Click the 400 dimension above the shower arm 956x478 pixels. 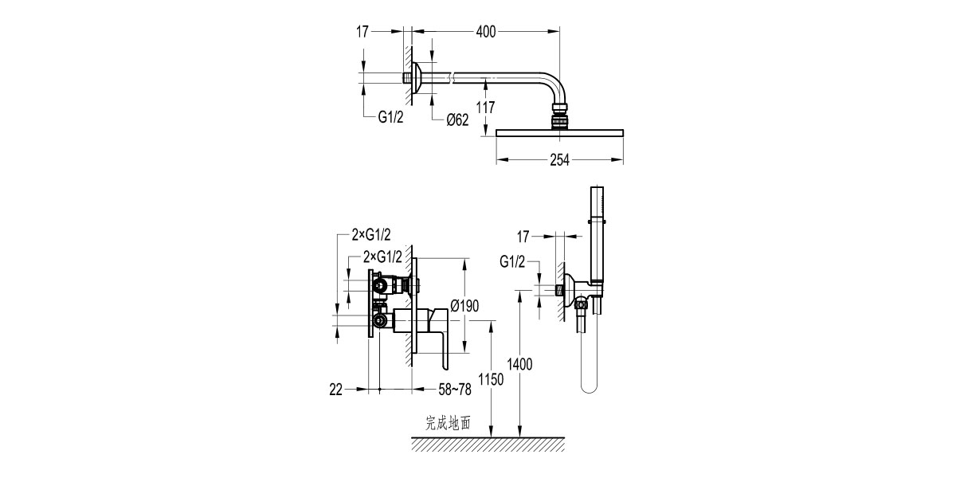(x=486, y=32)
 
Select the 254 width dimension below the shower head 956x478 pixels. (x=559, y=160)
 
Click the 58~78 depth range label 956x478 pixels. (x=455, y=390)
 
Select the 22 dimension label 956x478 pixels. (x=335, y=390)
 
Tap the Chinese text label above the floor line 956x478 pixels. (x=449, y=423)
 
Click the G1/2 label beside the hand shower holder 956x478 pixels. (x=512, y=262)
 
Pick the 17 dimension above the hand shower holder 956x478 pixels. (x=523, y=237)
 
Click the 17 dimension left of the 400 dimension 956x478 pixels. (x=362, y=32)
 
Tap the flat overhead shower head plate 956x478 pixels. (x=559, y=132)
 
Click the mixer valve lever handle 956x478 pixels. (x=442, y=343)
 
